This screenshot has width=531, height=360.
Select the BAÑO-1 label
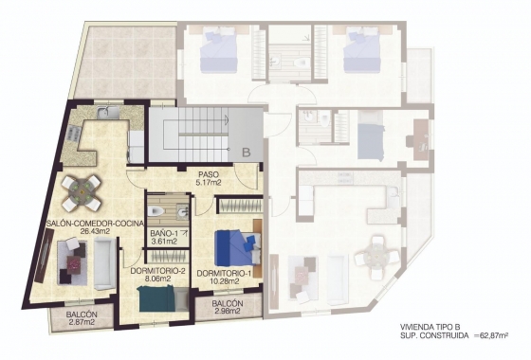tap(164, 231)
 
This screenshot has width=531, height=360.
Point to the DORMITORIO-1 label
tap(224, 272)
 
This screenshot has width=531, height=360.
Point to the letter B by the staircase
tap(245, 150)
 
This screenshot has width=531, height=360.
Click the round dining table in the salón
tap(82, 192)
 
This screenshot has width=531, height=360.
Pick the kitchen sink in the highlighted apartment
tap(110, 116)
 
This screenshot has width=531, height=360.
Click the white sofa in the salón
tap(103, 262)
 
